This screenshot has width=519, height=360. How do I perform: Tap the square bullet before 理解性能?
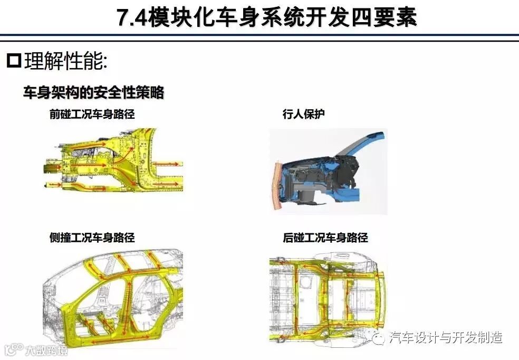coord(14,61)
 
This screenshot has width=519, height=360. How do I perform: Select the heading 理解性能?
coord(65,61)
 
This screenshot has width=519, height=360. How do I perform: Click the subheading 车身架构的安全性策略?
coord(94,92)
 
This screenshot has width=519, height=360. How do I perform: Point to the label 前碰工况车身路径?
coord(92,114)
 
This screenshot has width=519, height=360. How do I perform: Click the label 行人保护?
coord(303,114)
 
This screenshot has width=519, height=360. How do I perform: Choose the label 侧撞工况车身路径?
coord(92,238)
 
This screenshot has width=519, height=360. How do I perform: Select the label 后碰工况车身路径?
coord(325,238)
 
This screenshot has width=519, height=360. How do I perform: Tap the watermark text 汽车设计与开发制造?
coord(446,337)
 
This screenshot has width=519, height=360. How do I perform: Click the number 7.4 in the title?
coord(132,17)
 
